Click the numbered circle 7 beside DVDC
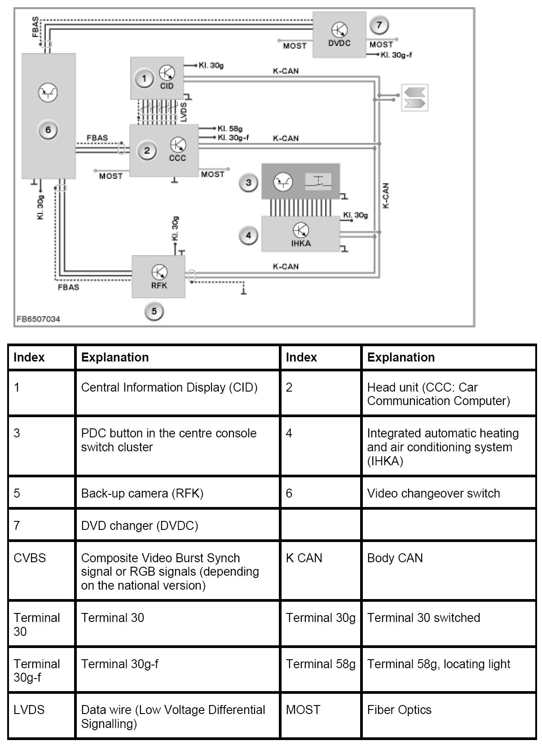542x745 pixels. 379,25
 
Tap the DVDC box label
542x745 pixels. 339,43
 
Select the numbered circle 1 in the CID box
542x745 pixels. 144,79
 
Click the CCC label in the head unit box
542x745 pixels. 177,158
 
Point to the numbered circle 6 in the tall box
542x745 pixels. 48,130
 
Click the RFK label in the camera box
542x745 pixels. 159,285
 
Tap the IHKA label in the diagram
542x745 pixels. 300,243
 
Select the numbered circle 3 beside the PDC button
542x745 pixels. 248,182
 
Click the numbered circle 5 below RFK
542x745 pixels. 154,311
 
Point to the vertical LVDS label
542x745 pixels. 183,112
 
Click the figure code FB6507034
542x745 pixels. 38,319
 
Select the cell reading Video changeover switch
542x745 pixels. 433,493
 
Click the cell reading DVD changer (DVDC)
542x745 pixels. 140,525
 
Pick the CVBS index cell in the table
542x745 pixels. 30,558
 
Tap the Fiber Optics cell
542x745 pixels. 399,710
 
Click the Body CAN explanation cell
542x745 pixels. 395,558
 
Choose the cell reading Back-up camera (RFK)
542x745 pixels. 142,493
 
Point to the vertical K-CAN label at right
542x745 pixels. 386,195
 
